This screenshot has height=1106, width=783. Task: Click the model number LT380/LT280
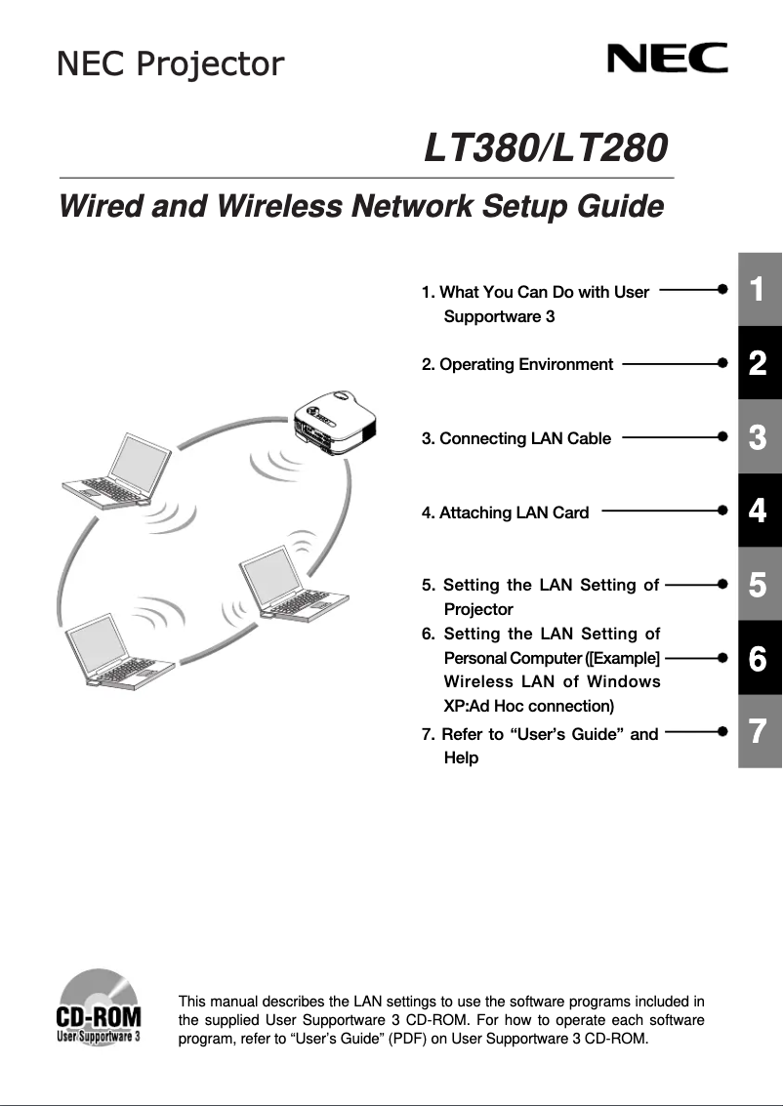pyautogui.click(x=546, y=148)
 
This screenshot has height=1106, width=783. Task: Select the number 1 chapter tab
pyautogui.click(x=759, y=289)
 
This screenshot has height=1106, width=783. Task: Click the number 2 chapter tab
pyautogui.click(x=759, y=363)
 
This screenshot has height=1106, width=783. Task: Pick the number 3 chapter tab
pyautogui.click(x=759, y=437)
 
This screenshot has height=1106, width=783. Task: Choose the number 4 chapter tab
pyautogui.click(x=759, y=511)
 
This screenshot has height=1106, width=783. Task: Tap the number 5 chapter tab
pyautogui.click(x=759, y=585)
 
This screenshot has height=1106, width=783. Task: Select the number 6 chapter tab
pyautogui.click(x=759, y=659)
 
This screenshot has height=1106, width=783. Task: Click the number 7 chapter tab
pyautogui.click(x=759, y=731)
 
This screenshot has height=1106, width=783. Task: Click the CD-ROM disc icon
pyautogui.click(x=98, y=1005)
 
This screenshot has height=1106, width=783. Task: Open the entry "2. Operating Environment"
pyautogui.click(x=517, y=364)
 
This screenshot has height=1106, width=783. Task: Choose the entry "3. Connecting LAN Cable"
pyautogui.click(x=516, y=438)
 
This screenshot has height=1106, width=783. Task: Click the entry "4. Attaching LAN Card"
pyautogui.click(x=505, y=512)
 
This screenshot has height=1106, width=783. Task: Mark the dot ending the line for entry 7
pyautogui.click(x=721, y=730)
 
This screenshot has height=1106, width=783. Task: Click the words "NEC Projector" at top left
pyautogui.click(x=171, y=64)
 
